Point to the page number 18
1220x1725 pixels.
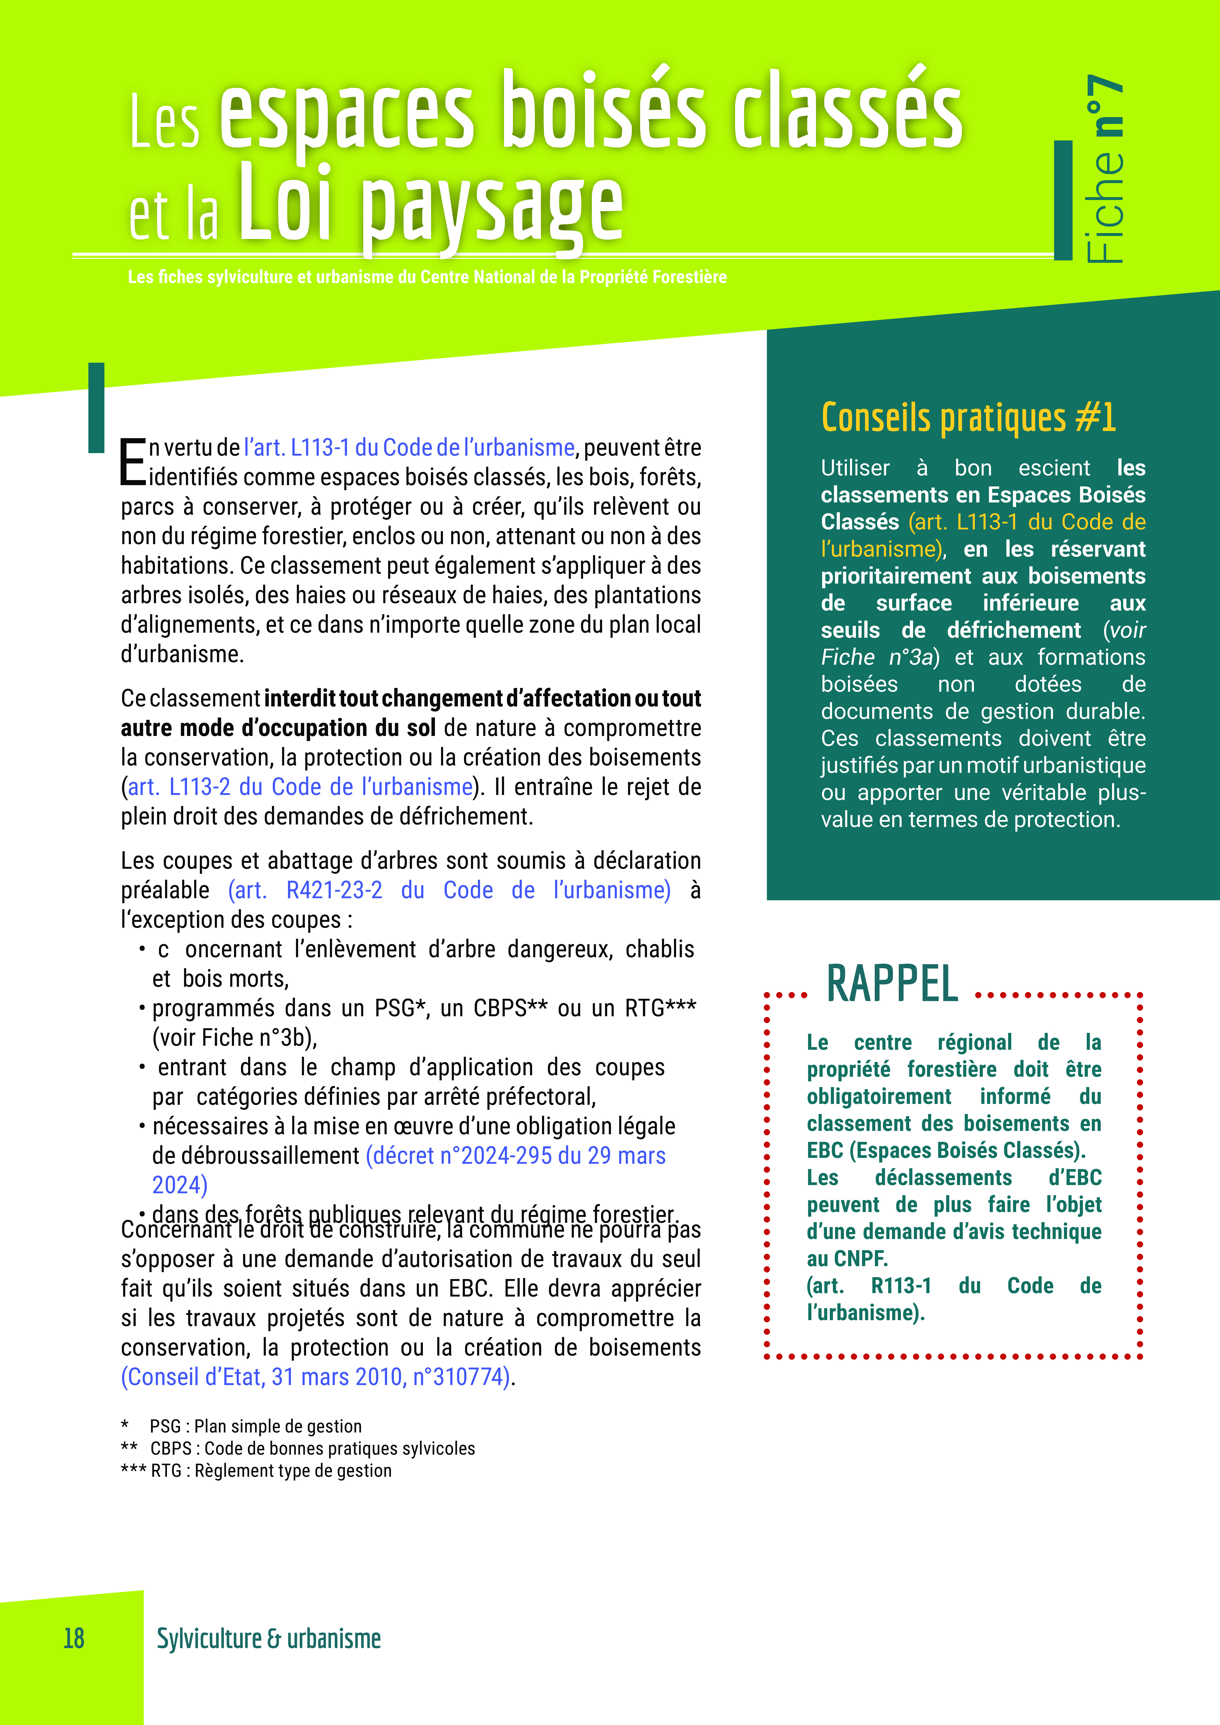coord(74,1638)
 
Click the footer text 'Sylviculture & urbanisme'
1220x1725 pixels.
coord(268,1638)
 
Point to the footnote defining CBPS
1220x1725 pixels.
coord(312,1448)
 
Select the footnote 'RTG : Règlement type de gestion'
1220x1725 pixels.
coord(271,1470)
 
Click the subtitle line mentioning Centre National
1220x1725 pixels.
coord(427,277)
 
